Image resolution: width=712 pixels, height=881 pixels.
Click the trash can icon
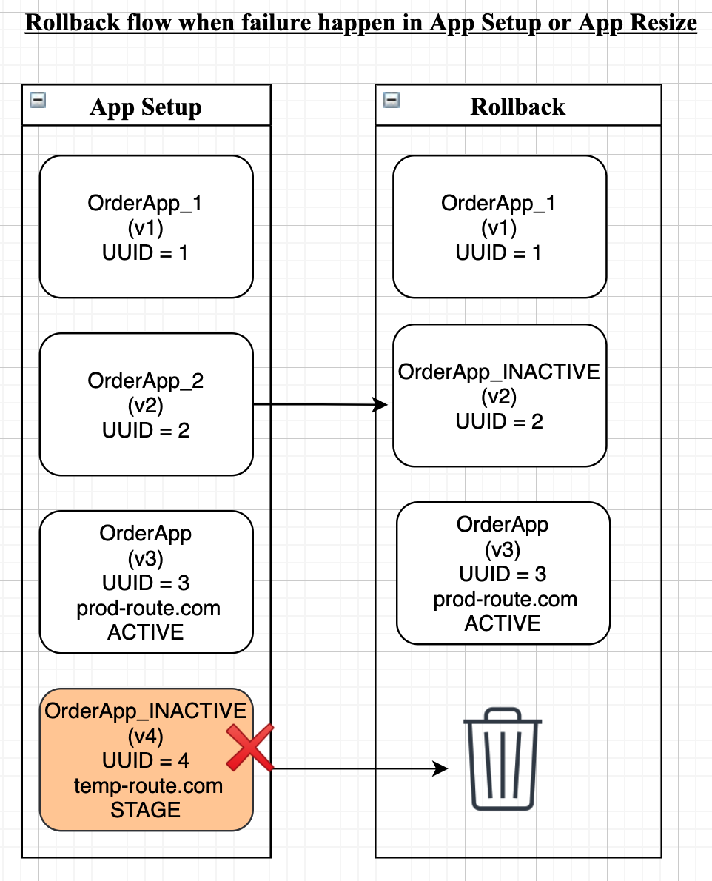pos(503,759)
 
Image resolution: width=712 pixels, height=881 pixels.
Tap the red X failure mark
pos(250,747)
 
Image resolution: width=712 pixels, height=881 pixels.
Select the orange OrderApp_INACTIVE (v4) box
pos(146,760)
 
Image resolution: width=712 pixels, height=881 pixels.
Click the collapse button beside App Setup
pos(38,100)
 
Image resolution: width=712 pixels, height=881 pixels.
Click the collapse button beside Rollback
pos(392,100)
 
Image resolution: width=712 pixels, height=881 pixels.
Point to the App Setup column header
pos(145,107)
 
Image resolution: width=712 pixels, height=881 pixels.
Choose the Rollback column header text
pos(517,107)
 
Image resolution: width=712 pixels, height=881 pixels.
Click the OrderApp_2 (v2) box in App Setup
pos(146,404)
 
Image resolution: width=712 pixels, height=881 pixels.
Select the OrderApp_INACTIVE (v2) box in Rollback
pos(500,395)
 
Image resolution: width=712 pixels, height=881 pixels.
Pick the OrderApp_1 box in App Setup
pos(146,227)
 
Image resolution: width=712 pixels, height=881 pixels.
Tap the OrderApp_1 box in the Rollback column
pos(500,227)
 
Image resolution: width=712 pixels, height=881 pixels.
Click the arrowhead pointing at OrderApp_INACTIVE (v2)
pos(380,404)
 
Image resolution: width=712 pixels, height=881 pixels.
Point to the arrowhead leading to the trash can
pos(440,768)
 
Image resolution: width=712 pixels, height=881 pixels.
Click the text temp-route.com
pos(148,785)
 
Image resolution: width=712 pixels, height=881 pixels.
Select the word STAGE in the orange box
pos(145,810)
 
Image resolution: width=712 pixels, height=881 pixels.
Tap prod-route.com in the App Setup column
pos(148,608)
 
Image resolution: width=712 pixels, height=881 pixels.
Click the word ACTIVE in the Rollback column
pos(503,623)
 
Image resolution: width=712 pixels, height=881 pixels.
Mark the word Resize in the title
pos(663,22)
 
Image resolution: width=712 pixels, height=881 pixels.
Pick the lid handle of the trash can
pos(503,714)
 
